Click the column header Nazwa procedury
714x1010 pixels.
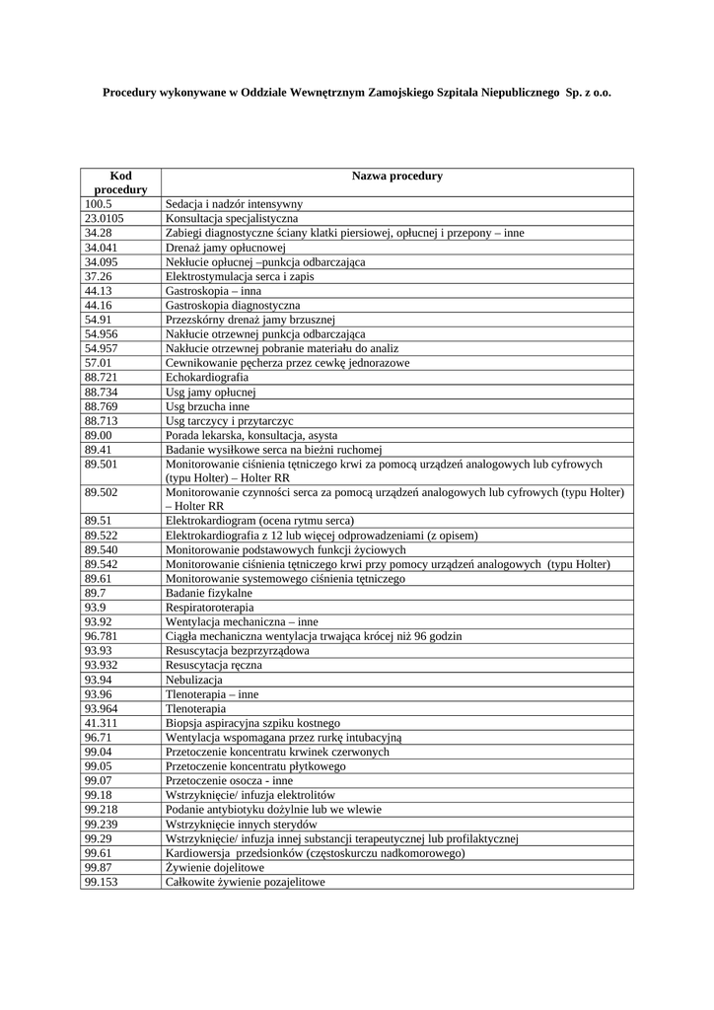396,177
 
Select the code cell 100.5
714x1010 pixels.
99,203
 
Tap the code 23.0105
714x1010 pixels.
104,218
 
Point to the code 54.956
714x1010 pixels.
102,334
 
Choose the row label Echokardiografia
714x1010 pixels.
207,378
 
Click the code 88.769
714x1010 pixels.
102,406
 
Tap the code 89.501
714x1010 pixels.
102,464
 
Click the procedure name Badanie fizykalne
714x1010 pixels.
209,594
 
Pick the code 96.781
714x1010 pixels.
102,637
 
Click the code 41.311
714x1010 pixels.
102,723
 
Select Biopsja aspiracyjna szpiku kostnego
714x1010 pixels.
252,723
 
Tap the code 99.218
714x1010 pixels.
102,810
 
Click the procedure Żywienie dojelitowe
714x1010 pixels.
215,867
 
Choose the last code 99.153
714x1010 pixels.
102,882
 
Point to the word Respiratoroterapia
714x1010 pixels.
209,609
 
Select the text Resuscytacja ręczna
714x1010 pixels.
214,666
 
